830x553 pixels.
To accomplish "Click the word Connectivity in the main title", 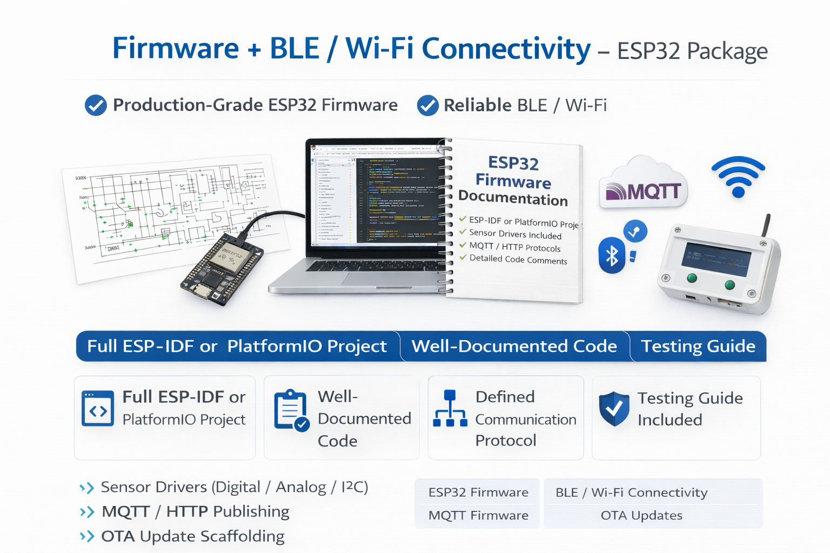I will coord(506,49).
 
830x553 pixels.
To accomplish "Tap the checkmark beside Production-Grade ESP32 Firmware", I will coord(96,105).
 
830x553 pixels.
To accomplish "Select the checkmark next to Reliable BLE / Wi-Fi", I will coord(427,106).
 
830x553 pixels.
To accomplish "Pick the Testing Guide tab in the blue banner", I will coord(698,346).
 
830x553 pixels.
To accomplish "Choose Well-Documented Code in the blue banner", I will coord(514,346).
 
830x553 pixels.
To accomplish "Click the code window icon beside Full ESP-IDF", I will coord(98,409).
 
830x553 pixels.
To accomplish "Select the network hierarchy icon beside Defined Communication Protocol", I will coord(450,409).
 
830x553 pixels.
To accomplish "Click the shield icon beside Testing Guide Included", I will coord(614,409).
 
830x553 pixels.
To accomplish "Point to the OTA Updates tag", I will coord(641,516).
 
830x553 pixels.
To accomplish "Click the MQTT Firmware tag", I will coord(478,516).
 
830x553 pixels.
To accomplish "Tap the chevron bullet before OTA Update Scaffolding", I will coord(86,536).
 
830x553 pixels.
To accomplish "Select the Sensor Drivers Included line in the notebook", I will coord(515,234).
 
